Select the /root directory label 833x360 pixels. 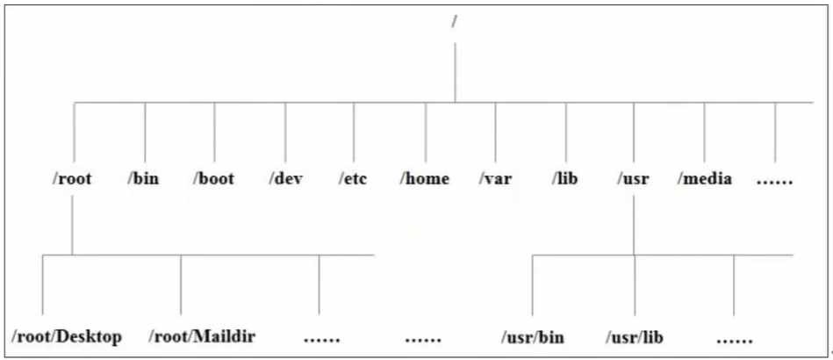pos(72,178)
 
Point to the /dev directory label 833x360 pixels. pos(286,178)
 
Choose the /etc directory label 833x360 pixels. pos(353,178)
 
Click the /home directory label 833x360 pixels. pos(425,178)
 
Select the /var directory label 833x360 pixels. pos(494,178)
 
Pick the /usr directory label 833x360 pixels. pos(634,178)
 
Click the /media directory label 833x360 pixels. pos(705,178)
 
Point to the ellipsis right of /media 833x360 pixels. pos(774,180)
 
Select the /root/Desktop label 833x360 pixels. pos(67,336)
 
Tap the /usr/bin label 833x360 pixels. pos(533,337)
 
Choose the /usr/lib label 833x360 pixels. pos(634,337)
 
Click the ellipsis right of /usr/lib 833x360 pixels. pos(734,339)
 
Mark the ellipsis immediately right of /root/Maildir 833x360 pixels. pos(321,339)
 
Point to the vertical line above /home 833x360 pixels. pos(425,132)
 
